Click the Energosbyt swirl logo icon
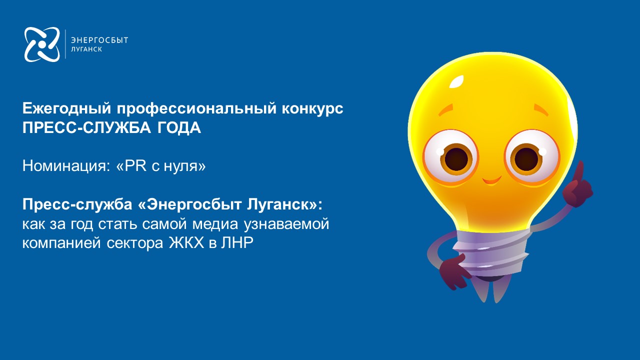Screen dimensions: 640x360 tap(42, 44)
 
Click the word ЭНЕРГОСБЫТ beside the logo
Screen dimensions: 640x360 tap(99, 40)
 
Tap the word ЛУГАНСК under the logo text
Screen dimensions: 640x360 tap(86, 49)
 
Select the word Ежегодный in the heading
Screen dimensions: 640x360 tap(67, 108)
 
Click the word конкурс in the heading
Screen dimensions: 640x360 tap(312, 108)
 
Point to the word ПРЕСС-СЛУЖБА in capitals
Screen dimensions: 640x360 tap(86, 127)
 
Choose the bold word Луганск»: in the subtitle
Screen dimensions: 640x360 tap(284, 204)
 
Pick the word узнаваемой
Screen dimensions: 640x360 tap(286, 224)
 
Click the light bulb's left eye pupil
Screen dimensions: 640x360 tap(456, 159)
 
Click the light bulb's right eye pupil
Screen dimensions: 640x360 tap(526, 158)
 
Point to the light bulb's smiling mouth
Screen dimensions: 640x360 tap(492, 180)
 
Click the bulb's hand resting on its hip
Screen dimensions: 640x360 tap(453, 271)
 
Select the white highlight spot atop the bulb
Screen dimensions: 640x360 tap(456, 81)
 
